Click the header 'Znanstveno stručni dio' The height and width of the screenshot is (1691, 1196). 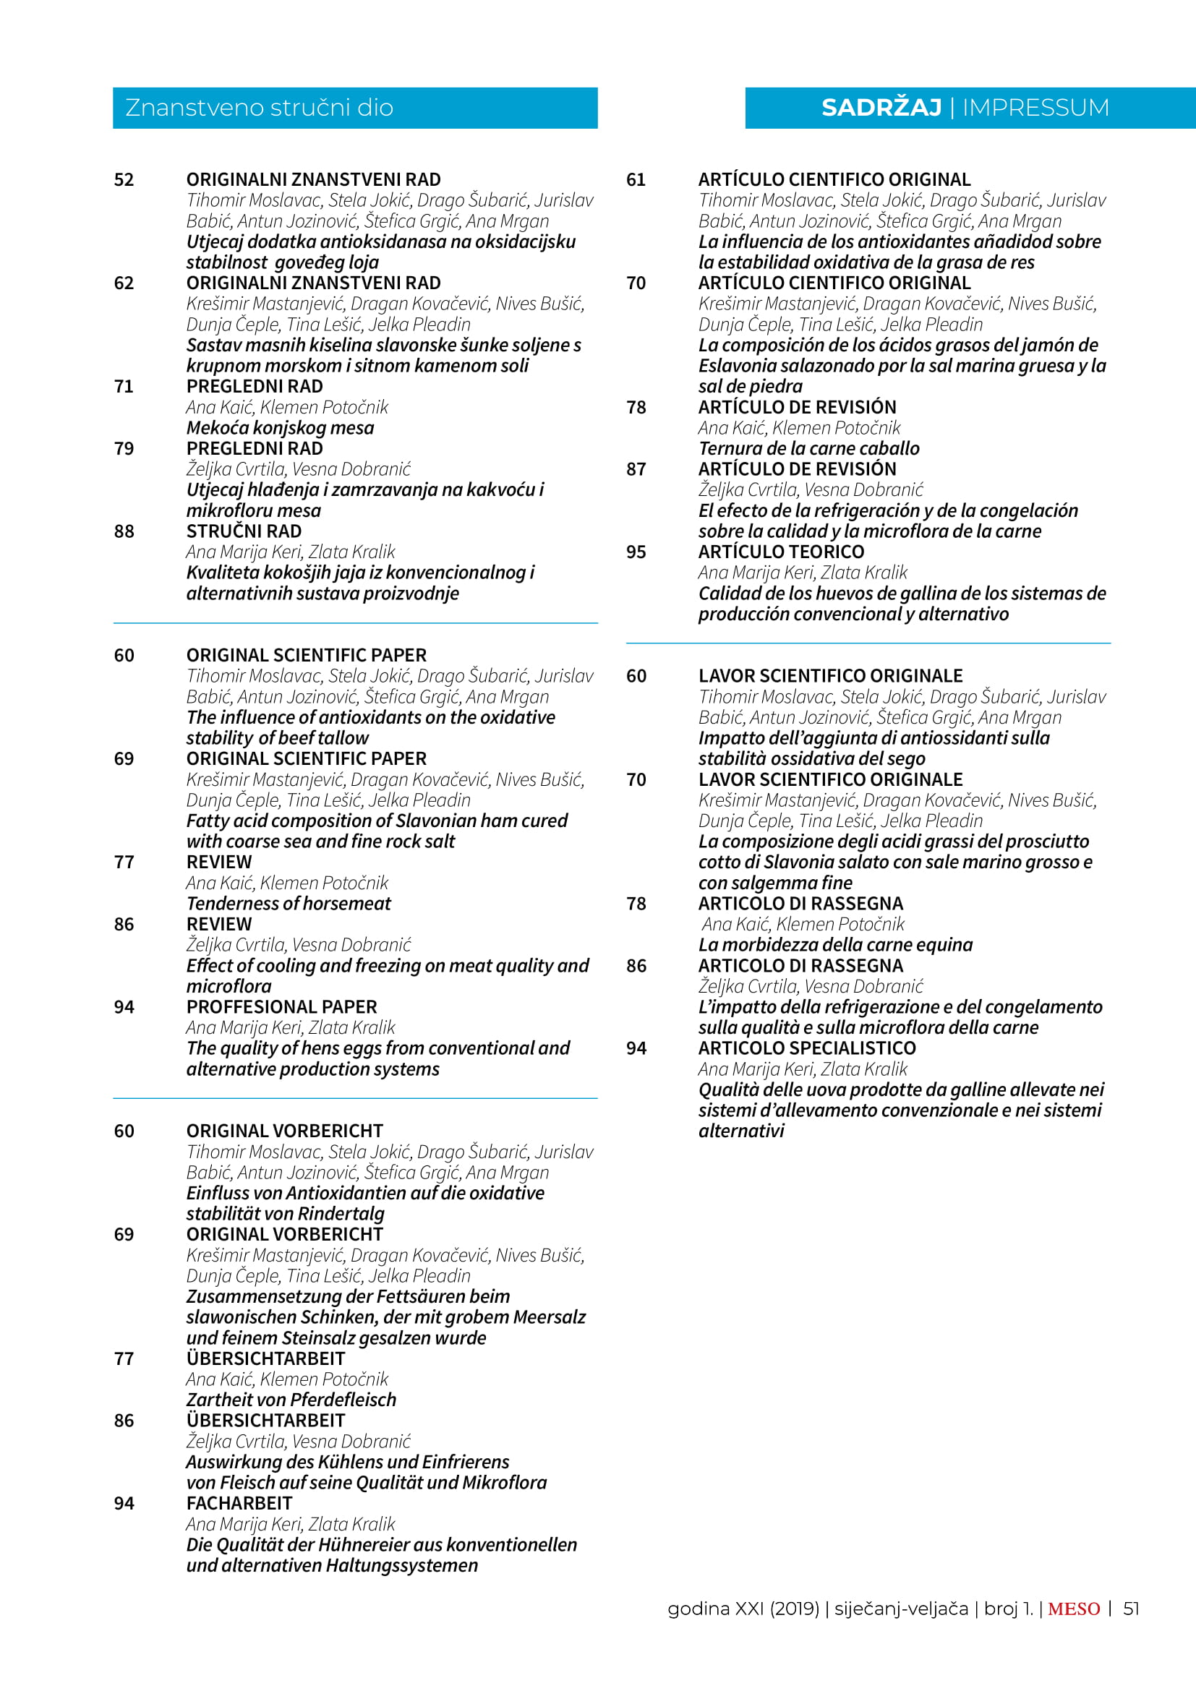click(260, 108)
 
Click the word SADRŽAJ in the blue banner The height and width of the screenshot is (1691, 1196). click(881, 108)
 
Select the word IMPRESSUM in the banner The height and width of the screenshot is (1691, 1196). click(1035, 108)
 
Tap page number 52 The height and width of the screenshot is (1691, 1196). click(124, 180)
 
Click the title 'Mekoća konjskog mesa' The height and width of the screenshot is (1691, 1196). click(280, 428)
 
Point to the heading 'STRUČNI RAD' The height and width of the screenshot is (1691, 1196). click(244, 531)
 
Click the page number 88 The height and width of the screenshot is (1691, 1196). click(124, 531)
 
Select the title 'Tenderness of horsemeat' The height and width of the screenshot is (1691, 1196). click(289, 904)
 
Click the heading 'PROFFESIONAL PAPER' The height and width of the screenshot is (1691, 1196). click(281, 1007)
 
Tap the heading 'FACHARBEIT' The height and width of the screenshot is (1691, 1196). click(239, 1503)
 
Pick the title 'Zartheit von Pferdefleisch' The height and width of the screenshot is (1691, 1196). click(291, 1400)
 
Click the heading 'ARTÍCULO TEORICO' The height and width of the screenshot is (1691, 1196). click(782, 552)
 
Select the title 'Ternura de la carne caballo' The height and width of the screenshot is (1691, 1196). click(808, 448)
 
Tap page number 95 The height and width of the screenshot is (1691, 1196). click(636, 552)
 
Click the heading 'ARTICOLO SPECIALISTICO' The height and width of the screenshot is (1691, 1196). click(807, 1048)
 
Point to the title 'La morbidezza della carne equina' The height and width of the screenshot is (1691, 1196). click(835, 945)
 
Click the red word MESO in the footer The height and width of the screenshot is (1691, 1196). click(1074, 1609)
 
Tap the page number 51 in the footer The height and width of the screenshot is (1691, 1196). click(1131, 1609)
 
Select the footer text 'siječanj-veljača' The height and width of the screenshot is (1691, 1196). click(901, 1609)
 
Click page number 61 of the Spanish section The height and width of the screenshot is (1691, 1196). click(636, 180)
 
